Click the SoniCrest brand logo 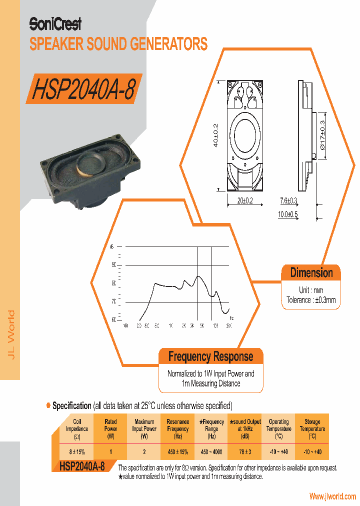pos(55,23)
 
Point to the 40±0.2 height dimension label pos(215,135)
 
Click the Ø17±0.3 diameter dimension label pos(322,135)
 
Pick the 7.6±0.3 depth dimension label pos(288,201)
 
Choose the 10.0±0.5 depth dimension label pos(288,214)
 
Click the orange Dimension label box pos(311,273)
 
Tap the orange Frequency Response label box pos(210,357)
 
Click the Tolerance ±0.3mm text pos(311,300)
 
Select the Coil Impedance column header pos(77,428)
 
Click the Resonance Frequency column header pos(177,428)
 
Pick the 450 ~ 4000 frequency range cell pos(211,452)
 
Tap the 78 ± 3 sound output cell pos(244,452)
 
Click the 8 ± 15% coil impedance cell pos(77,452)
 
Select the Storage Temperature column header pos(312,428)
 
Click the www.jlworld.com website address pos(332,496)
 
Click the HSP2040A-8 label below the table pos(81,467)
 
